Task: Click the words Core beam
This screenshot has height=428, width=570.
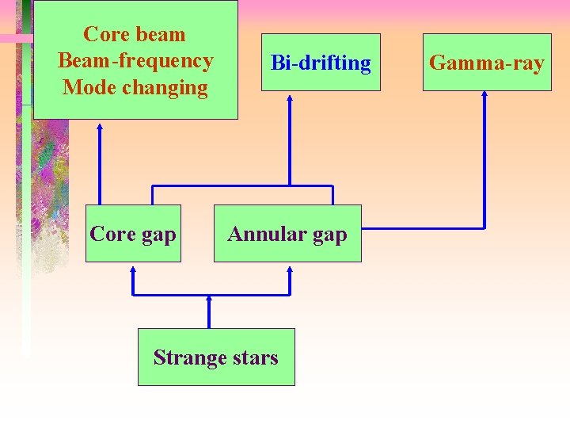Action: point(135,34)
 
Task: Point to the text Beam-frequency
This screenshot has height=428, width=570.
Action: point(135,60)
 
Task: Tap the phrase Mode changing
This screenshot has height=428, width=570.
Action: point(135,87)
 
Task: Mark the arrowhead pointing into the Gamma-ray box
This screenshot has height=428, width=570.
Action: point(484,96)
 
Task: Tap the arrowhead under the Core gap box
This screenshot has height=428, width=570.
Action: point(133,269)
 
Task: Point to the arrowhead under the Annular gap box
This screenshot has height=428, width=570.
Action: point(290,269)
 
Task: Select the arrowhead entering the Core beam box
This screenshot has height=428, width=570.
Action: point(100,125)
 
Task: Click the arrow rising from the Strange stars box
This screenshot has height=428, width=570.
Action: point(209,313)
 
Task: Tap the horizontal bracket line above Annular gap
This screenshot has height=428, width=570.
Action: point(242,185)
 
